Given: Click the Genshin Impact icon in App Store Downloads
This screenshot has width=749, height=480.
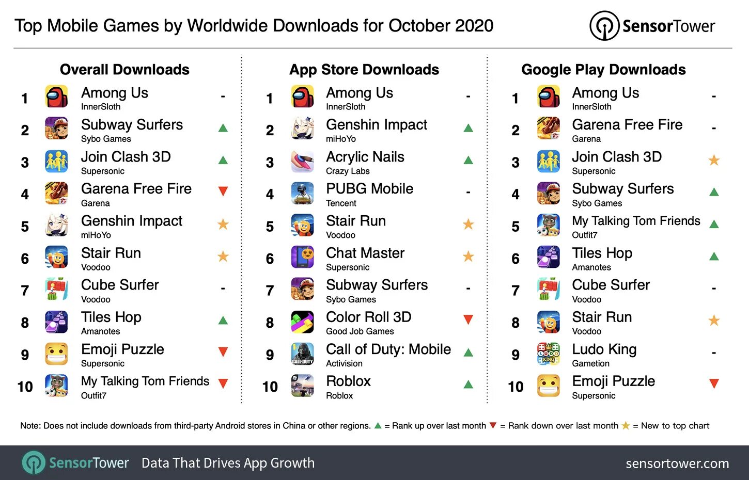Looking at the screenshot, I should (302, 129).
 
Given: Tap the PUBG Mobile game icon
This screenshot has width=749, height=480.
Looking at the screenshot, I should (302, 193).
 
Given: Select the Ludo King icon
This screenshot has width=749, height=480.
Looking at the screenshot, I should (548, 354).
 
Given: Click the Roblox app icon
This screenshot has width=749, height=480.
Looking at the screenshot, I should (302, 386).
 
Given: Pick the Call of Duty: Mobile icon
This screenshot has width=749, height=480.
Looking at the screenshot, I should (302, 354).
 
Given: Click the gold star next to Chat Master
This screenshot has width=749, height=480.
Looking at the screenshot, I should (469, 256).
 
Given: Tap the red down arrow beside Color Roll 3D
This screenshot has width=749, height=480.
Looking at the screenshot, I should (469, 319).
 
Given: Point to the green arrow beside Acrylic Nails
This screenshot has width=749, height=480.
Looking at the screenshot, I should (469, 160).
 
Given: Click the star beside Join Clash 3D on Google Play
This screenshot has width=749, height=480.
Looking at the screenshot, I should (714, 160).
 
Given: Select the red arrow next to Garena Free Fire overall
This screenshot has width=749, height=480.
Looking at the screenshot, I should (223, 191).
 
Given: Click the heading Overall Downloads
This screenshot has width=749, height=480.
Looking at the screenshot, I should (124, 70).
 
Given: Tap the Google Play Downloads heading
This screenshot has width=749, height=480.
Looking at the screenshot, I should (603, 70).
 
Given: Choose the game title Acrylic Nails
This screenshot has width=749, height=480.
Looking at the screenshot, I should (365, 157).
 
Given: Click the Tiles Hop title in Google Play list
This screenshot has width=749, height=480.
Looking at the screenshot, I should (602, 253).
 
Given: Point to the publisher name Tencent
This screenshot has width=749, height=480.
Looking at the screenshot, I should (341, 203).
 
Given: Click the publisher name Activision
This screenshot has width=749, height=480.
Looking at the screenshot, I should (344, 363).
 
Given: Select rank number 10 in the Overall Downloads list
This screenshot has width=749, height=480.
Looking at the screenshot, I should (25, 387).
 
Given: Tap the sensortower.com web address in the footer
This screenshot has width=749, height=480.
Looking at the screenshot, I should (677, 463).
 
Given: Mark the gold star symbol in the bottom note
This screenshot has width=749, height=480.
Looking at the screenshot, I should (626, 426).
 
